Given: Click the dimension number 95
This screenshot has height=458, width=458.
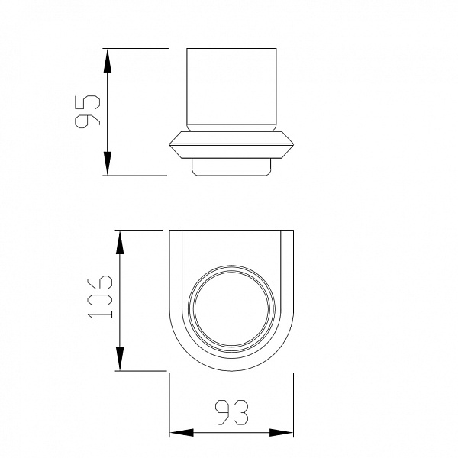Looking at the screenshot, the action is tap(87, 111).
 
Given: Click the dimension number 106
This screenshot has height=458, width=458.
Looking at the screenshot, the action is tap(99, 296).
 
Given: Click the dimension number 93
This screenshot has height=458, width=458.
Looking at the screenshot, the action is tap(231, 412).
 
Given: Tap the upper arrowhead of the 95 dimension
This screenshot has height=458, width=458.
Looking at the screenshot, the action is tap(107, 61).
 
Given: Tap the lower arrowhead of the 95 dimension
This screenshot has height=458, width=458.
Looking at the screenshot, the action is tap(107, 163).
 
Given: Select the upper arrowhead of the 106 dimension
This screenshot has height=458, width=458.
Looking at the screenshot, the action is tap(120, 243).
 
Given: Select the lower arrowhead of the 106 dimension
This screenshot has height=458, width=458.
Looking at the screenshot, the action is tap(120, 359).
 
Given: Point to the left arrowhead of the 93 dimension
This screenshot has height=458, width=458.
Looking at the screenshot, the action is tap(182, 433).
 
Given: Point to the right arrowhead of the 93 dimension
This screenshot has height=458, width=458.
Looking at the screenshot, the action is tap(281, 433).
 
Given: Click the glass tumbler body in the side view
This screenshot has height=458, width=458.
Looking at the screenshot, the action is tap(231, 89).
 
